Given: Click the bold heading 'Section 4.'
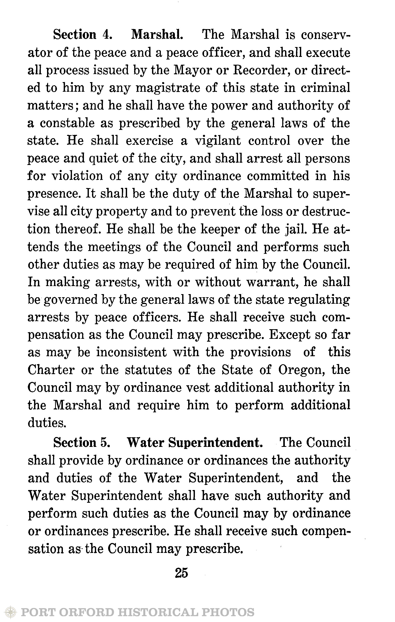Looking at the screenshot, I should pyautogui.click(x=83, y=35).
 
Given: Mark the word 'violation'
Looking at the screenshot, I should pyautogui.click(x=77, y=176).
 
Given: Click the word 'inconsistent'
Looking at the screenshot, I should pyautogui.click(x=131, y=353).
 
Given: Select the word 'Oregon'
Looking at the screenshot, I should pyautogui.click(x=301, y=370).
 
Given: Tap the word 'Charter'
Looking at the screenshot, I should pyautogui.click(x=51, y=370).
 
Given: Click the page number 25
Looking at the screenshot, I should pyautogui.click(x=182, y=573).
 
